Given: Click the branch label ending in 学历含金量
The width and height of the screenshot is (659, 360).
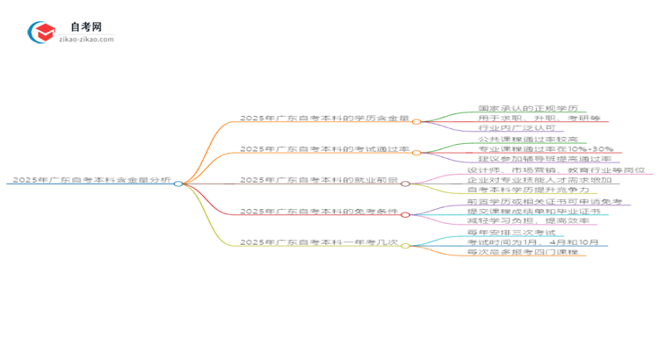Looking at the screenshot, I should (x=324, y=119).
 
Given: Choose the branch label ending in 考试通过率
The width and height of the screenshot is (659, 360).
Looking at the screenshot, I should (x=324, y=150).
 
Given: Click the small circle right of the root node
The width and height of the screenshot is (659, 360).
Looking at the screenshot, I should (x=177, y=184).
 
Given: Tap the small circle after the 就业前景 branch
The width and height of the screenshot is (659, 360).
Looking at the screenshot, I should (x=406, y=184).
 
